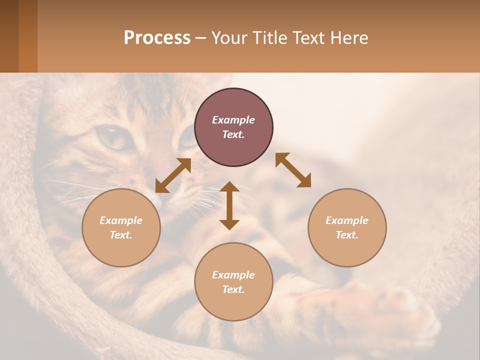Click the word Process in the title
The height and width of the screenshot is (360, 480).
pyautogui.click(x=157, y=38)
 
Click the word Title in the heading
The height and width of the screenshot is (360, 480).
pyautogui.click(x=268, y=38)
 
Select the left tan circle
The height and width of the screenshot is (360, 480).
pyautogui.click(x=121, y=227)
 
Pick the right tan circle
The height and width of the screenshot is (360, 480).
pyautogui.click(x=347, y=227)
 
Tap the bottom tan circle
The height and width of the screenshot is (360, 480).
pyautogui.click(x=233, y=281)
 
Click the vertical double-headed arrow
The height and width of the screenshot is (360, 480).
pyautogui.click(x=229, y=205)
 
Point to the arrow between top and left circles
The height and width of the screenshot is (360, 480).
pyautogui.click(x=173, y=175)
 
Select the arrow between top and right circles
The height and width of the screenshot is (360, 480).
pyautogui.click(x=293, y=170)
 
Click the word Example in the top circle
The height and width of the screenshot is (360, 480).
pyautogui.click(x=233, y=120)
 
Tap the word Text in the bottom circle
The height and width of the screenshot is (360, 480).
pyautogui.click(x=233, y=289)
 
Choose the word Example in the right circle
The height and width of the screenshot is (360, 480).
pyautogui.click(x=347, y=220)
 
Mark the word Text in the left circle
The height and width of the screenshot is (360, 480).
pyautogui.click(x=121, y=235)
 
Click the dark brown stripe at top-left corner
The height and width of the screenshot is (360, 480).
pyautogui.click(x=9, y=36)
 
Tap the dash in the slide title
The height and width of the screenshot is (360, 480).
pyautogui.click(x=200, y=38)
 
